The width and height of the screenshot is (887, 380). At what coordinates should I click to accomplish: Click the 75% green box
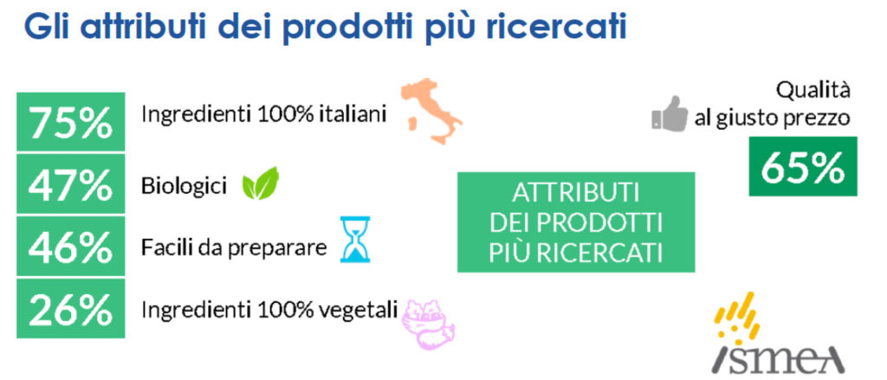pos(71,121)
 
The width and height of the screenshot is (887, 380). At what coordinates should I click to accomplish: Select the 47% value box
pos(71,184)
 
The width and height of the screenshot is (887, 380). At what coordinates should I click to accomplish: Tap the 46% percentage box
pos(71,246)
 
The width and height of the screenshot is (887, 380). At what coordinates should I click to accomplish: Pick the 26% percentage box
pos(71,308)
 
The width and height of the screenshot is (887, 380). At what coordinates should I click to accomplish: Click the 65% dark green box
pos(803,166)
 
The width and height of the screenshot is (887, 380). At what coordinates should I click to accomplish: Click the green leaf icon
pos(260,184)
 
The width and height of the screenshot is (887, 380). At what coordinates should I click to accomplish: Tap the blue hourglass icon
pos(355,239)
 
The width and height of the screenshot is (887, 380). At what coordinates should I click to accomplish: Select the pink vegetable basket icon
pos(428,323)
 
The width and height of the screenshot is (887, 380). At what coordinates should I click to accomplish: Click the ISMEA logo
pos(777,333)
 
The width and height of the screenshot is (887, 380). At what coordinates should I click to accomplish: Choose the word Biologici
pos(184,185)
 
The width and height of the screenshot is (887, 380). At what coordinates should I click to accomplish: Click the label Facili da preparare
pos(234,247)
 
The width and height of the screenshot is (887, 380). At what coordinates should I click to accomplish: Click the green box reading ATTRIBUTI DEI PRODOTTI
pos(576,222)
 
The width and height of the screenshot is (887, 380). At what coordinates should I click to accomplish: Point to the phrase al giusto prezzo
pos(772,119)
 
